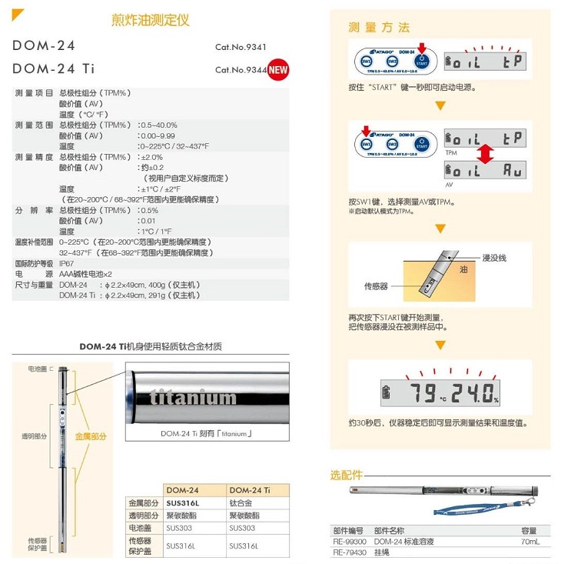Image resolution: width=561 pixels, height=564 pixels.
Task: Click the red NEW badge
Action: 278,69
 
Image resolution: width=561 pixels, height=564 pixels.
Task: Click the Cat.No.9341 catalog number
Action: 241,47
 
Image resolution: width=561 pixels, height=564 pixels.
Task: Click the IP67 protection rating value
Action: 67,262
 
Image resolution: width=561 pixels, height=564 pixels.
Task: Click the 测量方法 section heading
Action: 379,28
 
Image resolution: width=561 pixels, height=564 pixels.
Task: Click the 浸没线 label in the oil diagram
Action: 493,258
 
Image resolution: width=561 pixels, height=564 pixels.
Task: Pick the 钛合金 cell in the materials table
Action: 241,502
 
